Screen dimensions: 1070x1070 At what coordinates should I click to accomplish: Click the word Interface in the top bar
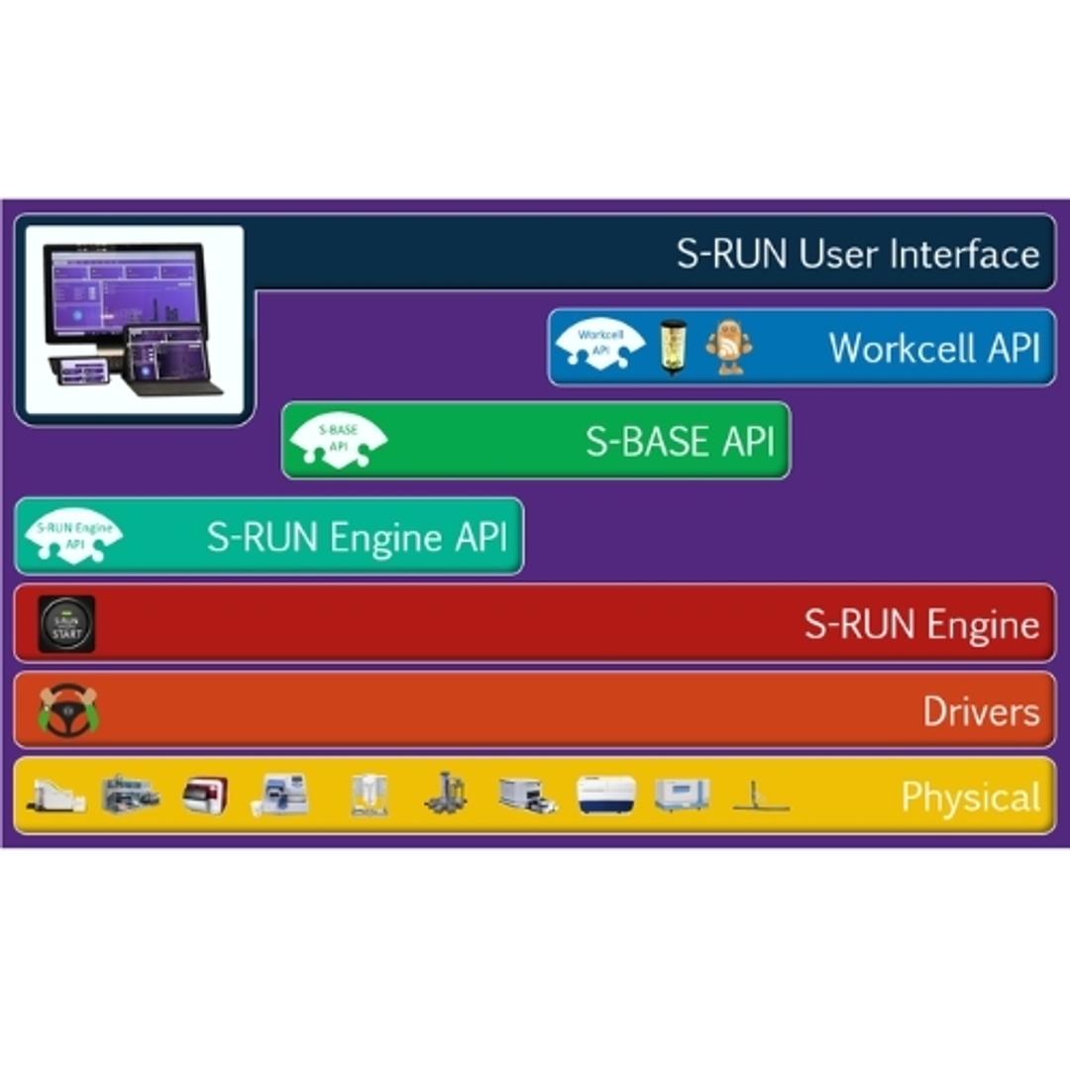click(x=964, y=254)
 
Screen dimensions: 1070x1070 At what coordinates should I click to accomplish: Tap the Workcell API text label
click(x=933, y=348)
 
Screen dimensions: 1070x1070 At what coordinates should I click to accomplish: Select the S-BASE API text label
click(x=679, y=441)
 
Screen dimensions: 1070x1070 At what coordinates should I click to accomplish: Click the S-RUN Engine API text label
click(x=357, y=537)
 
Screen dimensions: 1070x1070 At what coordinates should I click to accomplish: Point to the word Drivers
click(x=981, y=711)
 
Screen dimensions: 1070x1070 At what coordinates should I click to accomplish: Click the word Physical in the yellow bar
click(x=970, y=798)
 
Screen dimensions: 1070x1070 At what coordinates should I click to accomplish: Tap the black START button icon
click(x=66, y=624)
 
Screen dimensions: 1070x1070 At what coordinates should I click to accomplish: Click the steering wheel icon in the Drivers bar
click(x=67, y=710)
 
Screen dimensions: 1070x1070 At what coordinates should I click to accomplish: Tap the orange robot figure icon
click(x=728, y=347)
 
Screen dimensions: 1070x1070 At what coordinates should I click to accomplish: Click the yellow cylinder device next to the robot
click(x=673, y=347)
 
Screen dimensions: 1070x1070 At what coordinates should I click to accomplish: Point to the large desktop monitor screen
click(x=123, y=291)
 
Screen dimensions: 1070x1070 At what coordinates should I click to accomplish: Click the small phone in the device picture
click(x=84, y=372)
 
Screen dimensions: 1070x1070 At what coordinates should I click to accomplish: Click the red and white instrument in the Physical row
click(x=205, y=795)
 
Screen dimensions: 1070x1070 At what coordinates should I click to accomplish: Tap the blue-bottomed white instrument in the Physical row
click(x=606, y=795)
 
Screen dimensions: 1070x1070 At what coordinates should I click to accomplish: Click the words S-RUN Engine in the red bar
click(x=920, y=624)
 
